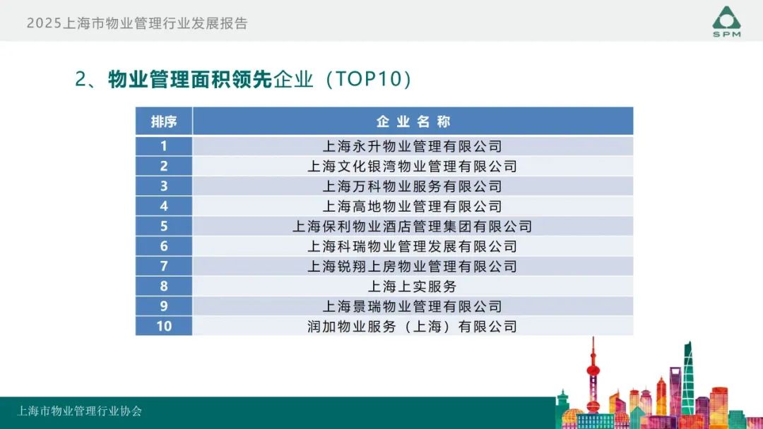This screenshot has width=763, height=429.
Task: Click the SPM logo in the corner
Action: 726,22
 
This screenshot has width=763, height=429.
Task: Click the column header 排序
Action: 163,121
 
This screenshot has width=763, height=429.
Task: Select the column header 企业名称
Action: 413,121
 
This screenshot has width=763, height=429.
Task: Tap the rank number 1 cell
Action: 164,146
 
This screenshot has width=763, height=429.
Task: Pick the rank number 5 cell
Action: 164,226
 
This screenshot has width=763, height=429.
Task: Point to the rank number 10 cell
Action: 164,326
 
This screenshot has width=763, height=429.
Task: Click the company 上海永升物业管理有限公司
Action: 412,146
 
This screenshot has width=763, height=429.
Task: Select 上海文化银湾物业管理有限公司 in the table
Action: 412,166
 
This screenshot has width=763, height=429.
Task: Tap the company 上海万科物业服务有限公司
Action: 412,186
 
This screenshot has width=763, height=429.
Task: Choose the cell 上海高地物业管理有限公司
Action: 412,207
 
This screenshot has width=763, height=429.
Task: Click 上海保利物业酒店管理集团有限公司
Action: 412,226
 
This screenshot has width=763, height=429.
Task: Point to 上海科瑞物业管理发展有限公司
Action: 412,246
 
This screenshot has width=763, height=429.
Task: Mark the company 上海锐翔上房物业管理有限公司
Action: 412,266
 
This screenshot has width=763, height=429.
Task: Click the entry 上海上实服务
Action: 412,286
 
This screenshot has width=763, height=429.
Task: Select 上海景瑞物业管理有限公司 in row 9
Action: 412,306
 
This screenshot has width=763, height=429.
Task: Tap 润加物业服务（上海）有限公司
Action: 412,327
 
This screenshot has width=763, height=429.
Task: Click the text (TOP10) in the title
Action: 368,79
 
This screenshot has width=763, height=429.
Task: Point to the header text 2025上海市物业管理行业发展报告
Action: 137,23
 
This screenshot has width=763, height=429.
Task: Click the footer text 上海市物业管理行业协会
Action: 80,411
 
